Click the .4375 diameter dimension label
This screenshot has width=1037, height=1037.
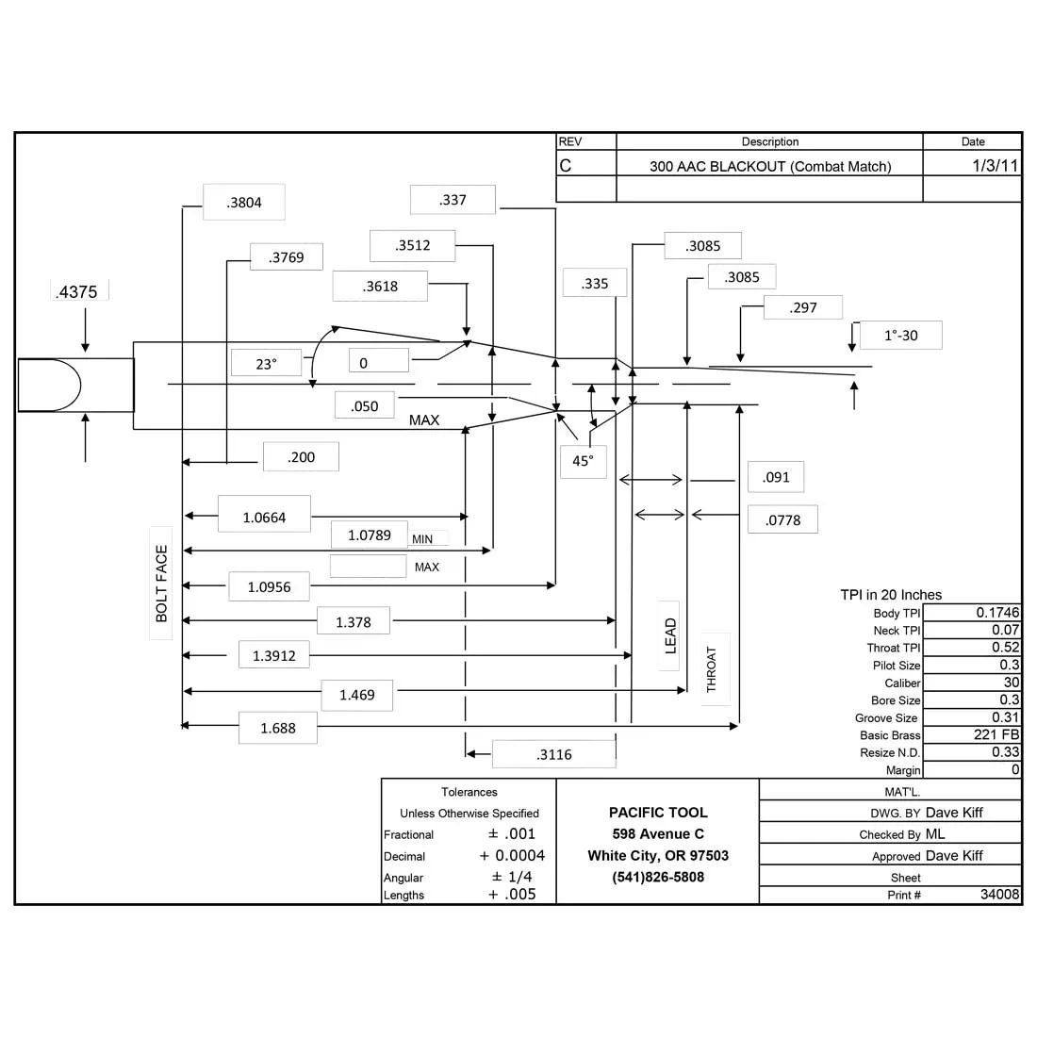[76, 291]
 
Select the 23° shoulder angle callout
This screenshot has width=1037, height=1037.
[266, 364]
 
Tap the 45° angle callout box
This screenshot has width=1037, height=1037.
[583, 461]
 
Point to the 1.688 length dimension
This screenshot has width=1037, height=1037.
[278, 728]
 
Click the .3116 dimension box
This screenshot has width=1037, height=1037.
[554, 754]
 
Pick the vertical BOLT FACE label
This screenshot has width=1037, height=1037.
[161, 584]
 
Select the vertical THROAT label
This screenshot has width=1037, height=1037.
[712, 669]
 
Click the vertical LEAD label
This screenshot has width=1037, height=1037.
[670, 635]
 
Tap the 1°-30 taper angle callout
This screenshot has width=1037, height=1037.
[900, 336]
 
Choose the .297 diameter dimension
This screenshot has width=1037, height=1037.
[803, 307]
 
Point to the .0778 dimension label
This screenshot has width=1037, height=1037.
[783, 519]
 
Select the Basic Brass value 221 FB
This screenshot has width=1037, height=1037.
[996, 734]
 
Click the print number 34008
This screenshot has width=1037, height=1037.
[1000, 894]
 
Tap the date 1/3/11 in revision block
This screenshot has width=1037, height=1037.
[995, 165]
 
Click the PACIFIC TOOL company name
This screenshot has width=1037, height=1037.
[658, 812]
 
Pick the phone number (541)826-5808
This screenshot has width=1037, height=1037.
[658, 877]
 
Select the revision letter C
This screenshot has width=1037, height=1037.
[566, 165]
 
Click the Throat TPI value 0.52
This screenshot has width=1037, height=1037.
[1005, 647]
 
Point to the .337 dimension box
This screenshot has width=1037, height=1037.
[453, 200]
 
